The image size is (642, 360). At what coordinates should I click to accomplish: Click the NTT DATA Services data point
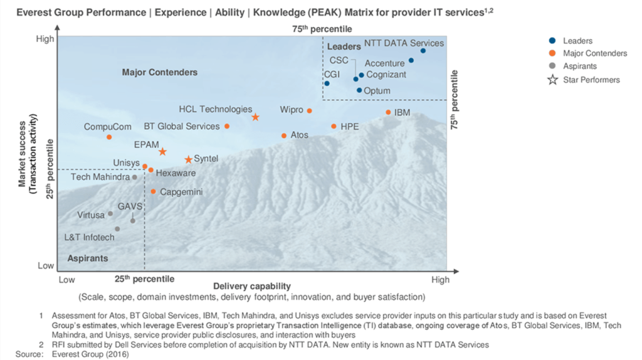(423, 50)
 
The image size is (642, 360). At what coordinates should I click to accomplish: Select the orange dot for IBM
(388, 112)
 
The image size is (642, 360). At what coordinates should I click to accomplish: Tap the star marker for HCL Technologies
(255, 117)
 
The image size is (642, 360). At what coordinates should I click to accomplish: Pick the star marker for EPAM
(162, 152)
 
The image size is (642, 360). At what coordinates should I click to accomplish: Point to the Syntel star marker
(188, 160)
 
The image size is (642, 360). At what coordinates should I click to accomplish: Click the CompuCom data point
(109, 137)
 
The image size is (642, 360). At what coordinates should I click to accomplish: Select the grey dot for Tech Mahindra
(134, 177)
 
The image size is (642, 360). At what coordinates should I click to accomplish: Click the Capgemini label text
(181, 192)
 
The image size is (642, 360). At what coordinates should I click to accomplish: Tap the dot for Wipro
(309, 110)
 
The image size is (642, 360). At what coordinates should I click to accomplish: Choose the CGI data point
(327, 83)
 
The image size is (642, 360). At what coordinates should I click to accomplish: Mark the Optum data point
(359, 90)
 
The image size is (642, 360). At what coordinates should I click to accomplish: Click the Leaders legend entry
(577, 41)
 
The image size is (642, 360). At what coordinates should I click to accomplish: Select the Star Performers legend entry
(591, 80)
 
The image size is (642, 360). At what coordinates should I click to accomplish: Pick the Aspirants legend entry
(580, 66)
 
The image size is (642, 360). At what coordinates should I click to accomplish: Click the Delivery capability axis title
(252, 286)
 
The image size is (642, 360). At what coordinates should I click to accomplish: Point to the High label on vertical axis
(45, 39)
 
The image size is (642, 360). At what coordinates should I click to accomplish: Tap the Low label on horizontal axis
(66, 280)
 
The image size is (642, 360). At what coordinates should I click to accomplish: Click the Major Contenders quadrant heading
(160, 72)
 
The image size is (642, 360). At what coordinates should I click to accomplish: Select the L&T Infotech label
(90, 238)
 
